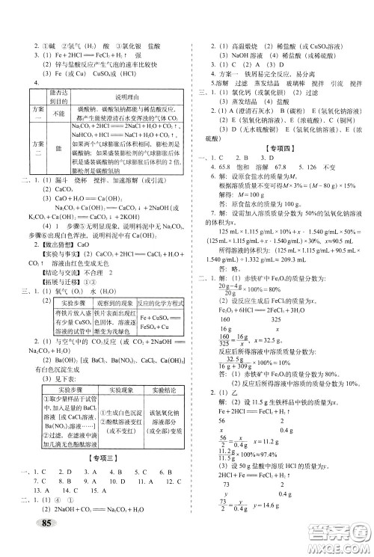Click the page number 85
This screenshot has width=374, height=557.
coord(47,544)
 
